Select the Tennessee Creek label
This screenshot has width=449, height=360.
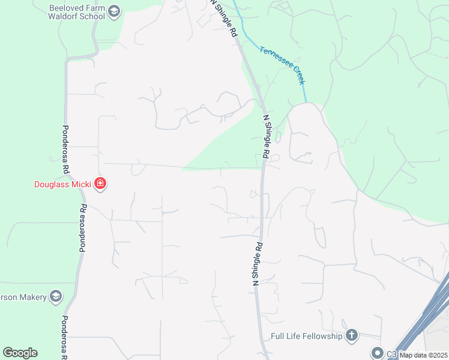pyautogui.click(x=283, y=65)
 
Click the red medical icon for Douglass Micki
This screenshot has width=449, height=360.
pyautogui.click(x=100, y=184)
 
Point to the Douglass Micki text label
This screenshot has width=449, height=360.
pyautogui.click(x=62, y=184)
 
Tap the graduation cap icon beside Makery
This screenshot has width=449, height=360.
pyautogui.click(x=56, y=296)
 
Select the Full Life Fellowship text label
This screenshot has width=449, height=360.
pyautogui.click(x=306, y=336)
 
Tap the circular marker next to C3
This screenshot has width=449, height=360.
pyautogui.click(x=377, y=353)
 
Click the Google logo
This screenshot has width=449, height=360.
pyautogui.click(x=20, y=353)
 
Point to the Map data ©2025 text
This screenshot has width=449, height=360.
pyautogui.click(x=424, y=355)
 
